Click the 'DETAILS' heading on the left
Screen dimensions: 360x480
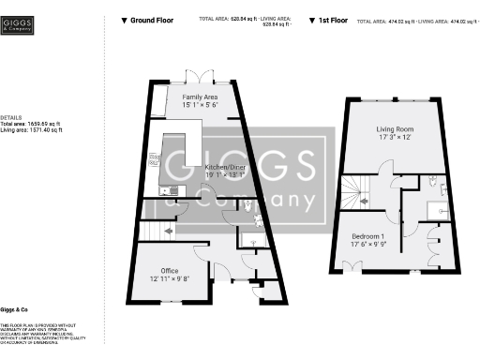[11, 116]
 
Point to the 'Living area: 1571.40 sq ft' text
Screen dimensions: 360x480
[32, 130]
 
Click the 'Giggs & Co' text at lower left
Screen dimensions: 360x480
[14, 308]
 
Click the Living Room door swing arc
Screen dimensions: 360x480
[384, 169]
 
